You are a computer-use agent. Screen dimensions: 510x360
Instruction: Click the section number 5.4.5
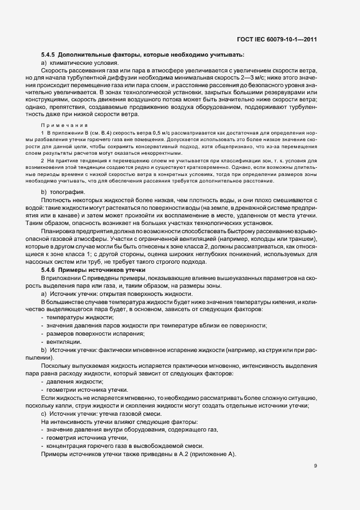coord(48,54)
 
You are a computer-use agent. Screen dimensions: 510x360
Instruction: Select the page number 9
coord(316,466)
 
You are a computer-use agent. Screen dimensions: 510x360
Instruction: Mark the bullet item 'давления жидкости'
coord(71,381)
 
